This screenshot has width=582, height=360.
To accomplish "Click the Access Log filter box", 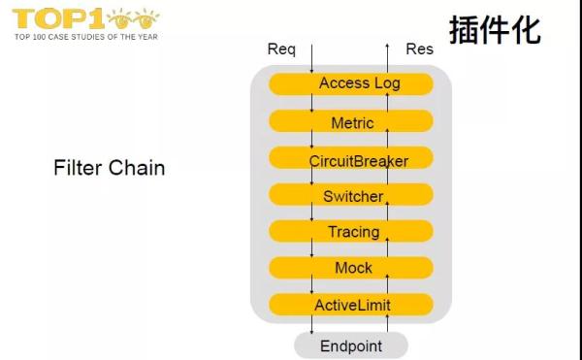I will point(351,83).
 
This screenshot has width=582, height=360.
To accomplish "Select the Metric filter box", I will point(351,123).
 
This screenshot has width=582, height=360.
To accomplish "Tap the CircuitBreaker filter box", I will point(351,160).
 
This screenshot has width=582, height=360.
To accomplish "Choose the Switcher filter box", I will point(351,196).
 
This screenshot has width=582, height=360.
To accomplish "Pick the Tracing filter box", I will point(351,232).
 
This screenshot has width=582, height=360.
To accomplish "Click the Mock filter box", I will point(351,268).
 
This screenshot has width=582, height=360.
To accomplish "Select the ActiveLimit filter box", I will point(351,306).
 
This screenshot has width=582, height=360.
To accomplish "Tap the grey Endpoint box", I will point(351,345).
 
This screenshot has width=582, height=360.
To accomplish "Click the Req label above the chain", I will point(281,49).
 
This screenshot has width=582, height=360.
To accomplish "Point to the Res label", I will point(419,49).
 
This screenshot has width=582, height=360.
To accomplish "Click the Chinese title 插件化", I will point(494,30).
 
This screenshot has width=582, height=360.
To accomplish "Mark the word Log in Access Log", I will point(386,83).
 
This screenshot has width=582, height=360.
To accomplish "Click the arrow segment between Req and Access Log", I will point(311,63).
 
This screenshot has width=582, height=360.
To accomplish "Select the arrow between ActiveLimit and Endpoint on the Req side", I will point(311,326).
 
